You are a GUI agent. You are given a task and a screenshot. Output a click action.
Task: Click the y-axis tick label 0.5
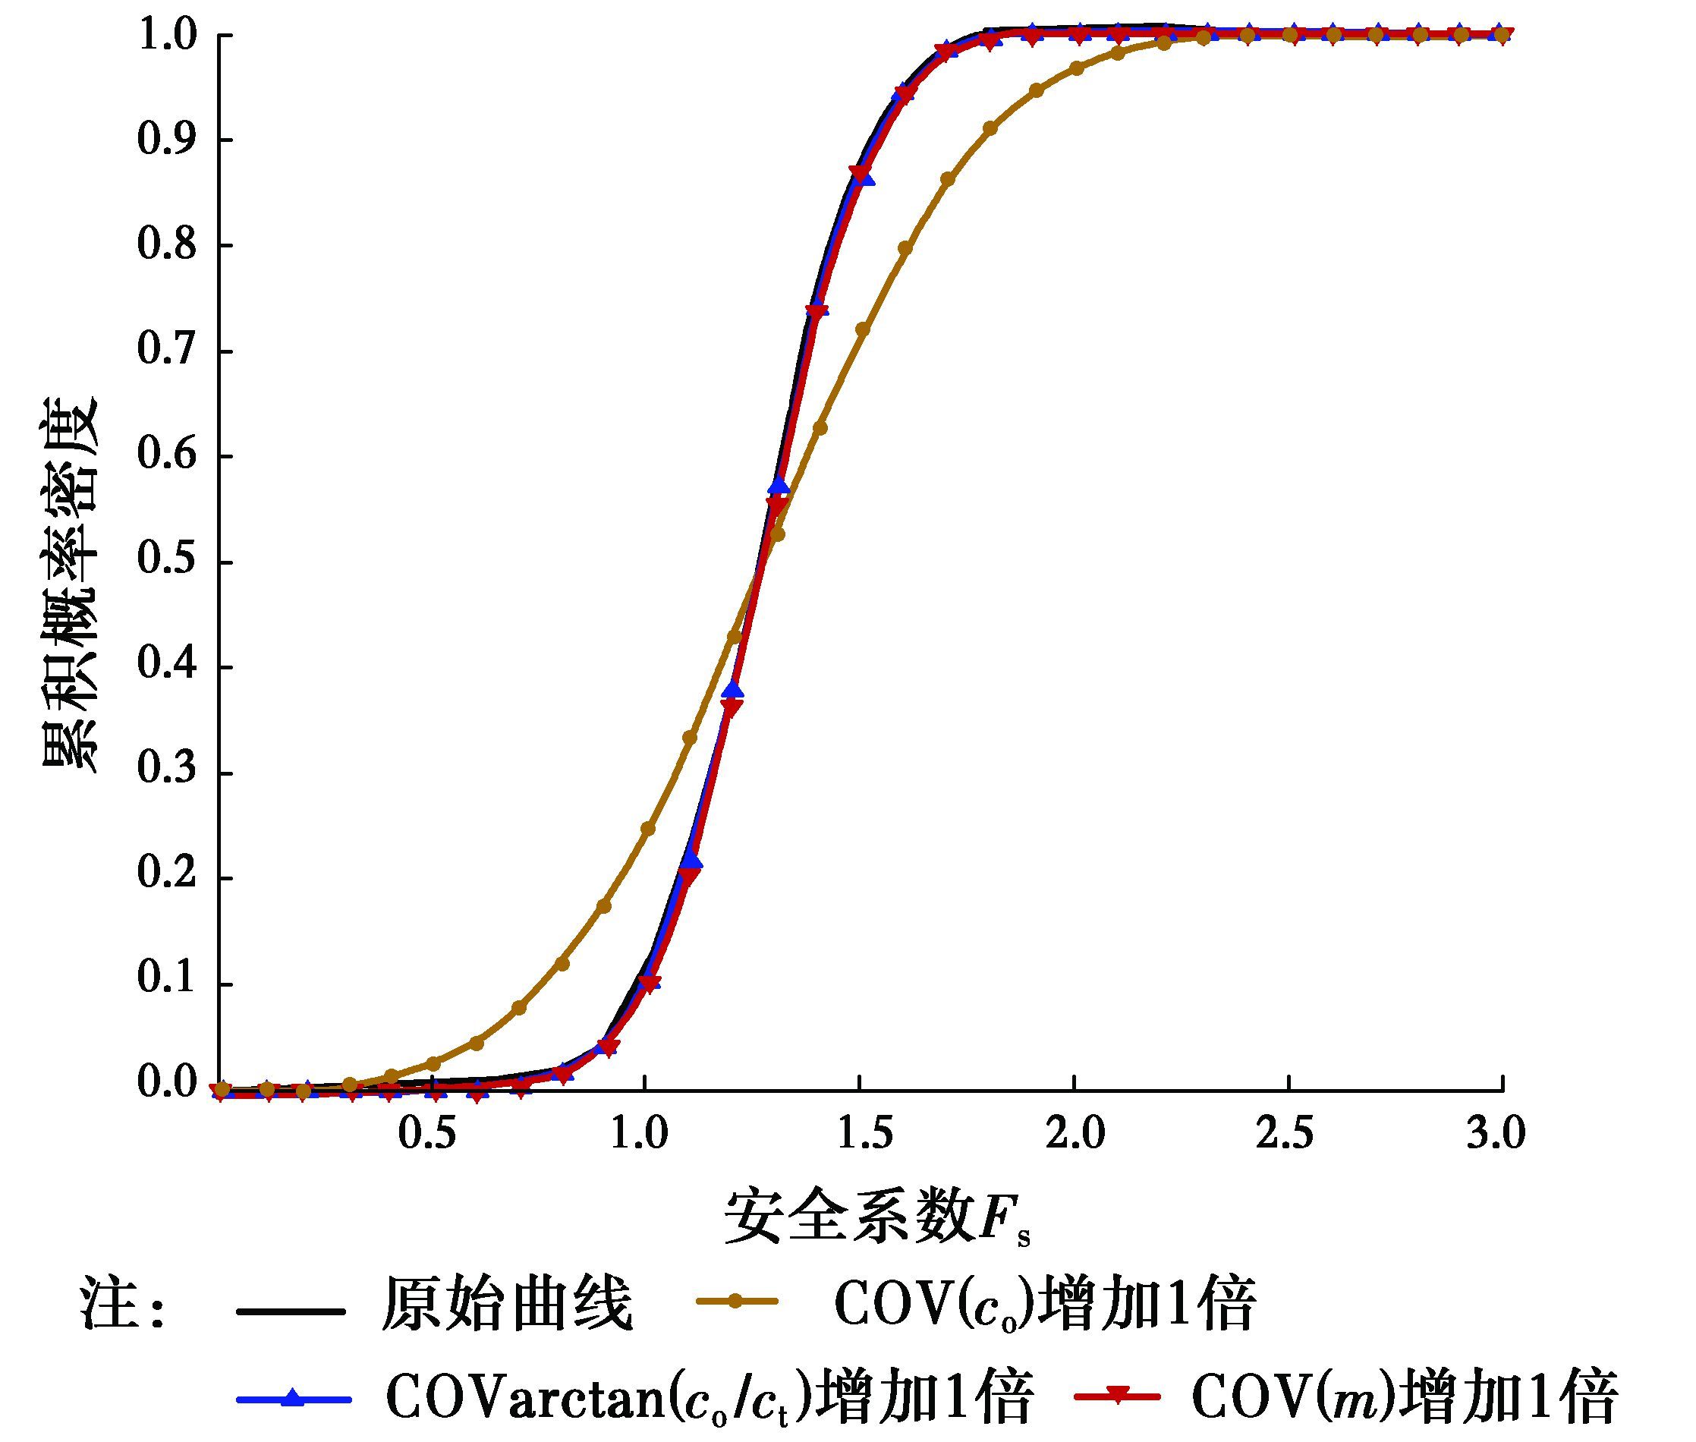point(167,562)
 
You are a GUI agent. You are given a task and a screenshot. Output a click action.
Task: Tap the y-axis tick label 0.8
point(167,245)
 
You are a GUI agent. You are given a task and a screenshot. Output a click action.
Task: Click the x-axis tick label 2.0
point(1075,1135)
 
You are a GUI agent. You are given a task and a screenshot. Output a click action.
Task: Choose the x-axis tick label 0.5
point(426,1135)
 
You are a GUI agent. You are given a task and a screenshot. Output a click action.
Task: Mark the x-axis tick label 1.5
point(860,1135)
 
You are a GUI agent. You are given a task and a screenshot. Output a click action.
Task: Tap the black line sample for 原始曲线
point(291,1312)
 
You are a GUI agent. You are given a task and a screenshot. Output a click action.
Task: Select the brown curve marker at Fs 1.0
point(647,829)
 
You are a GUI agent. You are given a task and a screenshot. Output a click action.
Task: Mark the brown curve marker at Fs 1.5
point(862,329)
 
